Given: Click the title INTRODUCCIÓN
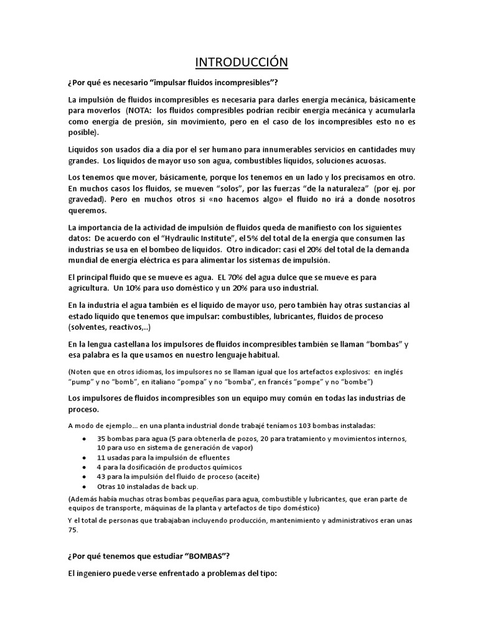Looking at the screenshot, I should point(239,62).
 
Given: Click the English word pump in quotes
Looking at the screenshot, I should point(78,381).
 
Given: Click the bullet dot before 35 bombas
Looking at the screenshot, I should point(85,439).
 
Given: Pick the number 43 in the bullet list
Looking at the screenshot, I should point(101,476).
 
